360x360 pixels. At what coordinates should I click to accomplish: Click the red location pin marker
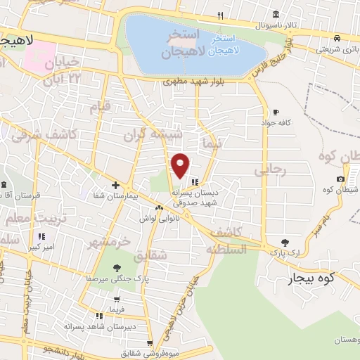click(181, 165)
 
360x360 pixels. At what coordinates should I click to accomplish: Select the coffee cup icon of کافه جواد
click(276, 112)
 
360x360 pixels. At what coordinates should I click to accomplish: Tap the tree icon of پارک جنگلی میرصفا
click(116, 267)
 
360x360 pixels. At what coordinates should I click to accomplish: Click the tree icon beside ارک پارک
click(285, 243)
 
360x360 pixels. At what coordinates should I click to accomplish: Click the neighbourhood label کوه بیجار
click(307, 279)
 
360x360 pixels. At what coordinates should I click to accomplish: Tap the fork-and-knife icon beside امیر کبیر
click(41, 236)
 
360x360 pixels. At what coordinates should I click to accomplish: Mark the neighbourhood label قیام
click(100, 107)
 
